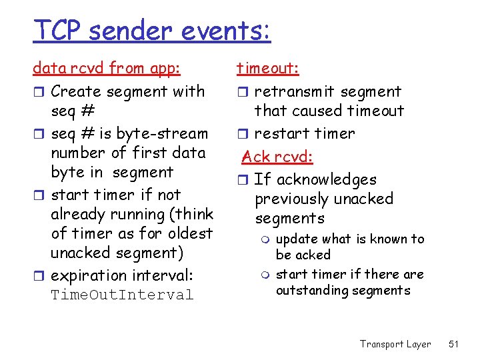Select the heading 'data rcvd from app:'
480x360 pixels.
(107, 68)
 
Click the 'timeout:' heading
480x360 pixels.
(268, 68)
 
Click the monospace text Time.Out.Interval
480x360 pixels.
(122, 295)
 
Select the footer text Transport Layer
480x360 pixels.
(395, 344)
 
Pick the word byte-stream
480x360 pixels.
(167, 133)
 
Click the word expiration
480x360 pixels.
(89, 275)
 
